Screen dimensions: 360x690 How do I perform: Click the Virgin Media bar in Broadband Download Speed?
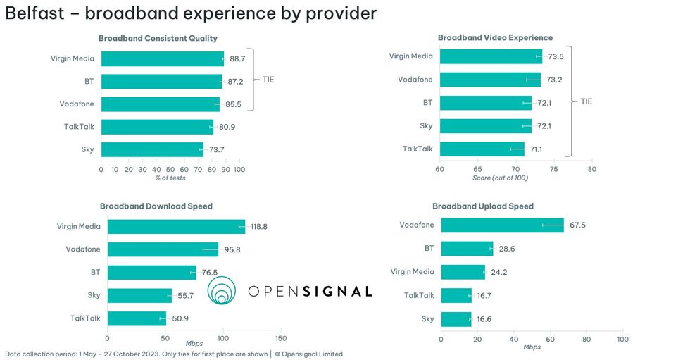click(176, 227)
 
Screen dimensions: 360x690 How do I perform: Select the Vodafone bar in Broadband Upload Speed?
click(502, 225)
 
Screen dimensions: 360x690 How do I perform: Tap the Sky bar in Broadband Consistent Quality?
click(152, 149)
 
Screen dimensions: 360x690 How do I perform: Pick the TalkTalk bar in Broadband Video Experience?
click(482, 149)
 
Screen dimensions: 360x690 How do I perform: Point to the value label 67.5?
click(577, 225)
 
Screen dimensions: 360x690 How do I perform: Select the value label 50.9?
click(181, 318)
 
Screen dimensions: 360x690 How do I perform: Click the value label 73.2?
click(554, 80)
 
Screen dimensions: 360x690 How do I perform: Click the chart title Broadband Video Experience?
click(495, 37)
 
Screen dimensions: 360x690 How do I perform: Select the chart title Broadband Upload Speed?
click(483, 206)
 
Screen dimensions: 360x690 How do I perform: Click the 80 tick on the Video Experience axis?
click(591, 169)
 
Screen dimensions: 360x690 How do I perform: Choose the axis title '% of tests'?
click(170, 178)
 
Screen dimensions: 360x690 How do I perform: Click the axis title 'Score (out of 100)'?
click(500, 178)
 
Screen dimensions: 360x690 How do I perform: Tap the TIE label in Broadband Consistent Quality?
click(268, 80)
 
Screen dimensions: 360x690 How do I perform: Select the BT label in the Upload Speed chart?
click(429, 248)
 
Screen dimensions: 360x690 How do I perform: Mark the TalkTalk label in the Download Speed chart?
click(85, 318)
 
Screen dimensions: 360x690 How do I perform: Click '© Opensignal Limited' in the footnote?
click(308, 354)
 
